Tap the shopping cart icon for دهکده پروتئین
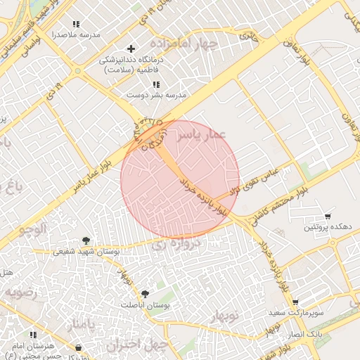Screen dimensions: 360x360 pos(327,217)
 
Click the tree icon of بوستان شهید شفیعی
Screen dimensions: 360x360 pos(86,240)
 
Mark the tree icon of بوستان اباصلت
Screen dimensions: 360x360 pos(145,294)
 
